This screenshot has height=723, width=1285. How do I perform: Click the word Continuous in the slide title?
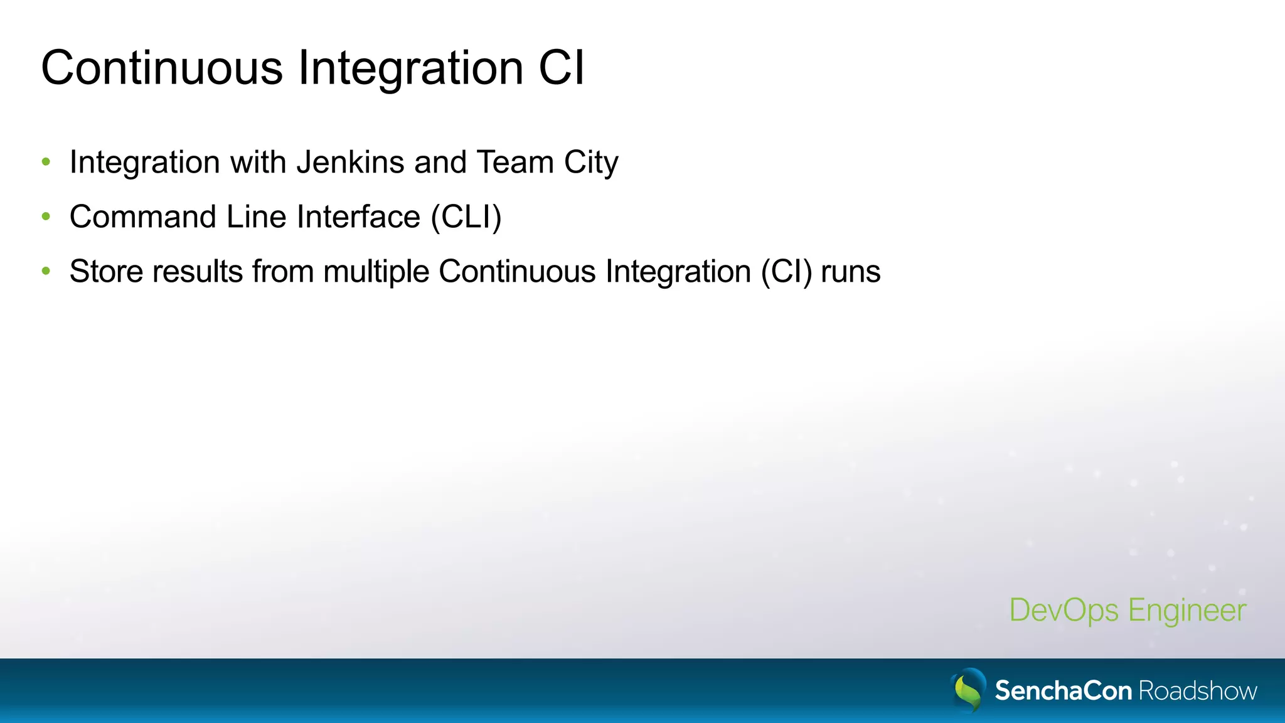point(162,68)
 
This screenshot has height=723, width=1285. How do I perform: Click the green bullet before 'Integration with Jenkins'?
point(46,163)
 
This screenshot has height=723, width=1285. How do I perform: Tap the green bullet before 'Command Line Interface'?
point(46,217)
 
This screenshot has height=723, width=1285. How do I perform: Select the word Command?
point(143,217)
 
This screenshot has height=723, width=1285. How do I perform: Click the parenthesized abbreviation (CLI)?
point(466,218)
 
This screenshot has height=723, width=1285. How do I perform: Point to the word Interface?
point(358,217)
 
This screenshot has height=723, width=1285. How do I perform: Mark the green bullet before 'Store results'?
point(46,272)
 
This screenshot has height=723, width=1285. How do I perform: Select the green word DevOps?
point(1064,611)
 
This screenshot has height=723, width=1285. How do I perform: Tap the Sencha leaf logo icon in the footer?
point(968,690)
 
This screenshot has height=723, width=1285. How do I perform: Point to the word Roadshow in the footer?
point(1198,691)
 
